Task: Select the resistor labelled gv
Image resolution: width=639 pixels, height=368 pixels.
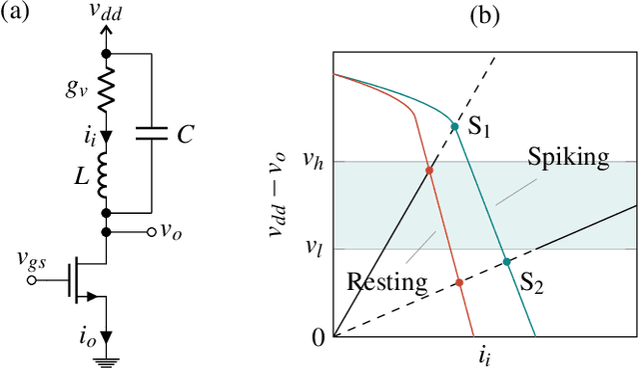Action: click(107, 89)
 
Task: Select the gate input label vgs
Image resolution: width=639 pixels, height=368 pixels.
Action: click(31, 259)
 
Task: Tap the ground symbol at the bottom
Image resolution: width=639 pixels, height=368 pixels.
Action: click(107, 359)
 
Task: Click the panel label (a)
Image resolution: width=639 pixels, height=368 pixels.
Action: click(17, 15)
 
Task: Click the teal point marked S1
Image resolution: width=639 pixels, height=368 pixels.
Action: click(454, 127)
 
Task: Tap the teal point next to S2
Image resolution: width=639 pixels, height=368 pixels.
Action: click(507, 262)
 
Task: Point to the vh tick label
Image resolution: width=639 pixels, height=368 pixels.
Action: click(313, 162)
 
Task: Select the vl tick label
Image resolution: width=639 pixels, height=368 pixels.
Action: click(314, 248)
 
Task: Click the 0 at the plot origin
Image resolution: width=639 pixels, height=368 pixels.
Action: click(319, 338)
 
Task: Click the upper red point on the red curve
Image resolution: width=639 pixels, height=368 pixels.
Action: click(430, 171)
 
